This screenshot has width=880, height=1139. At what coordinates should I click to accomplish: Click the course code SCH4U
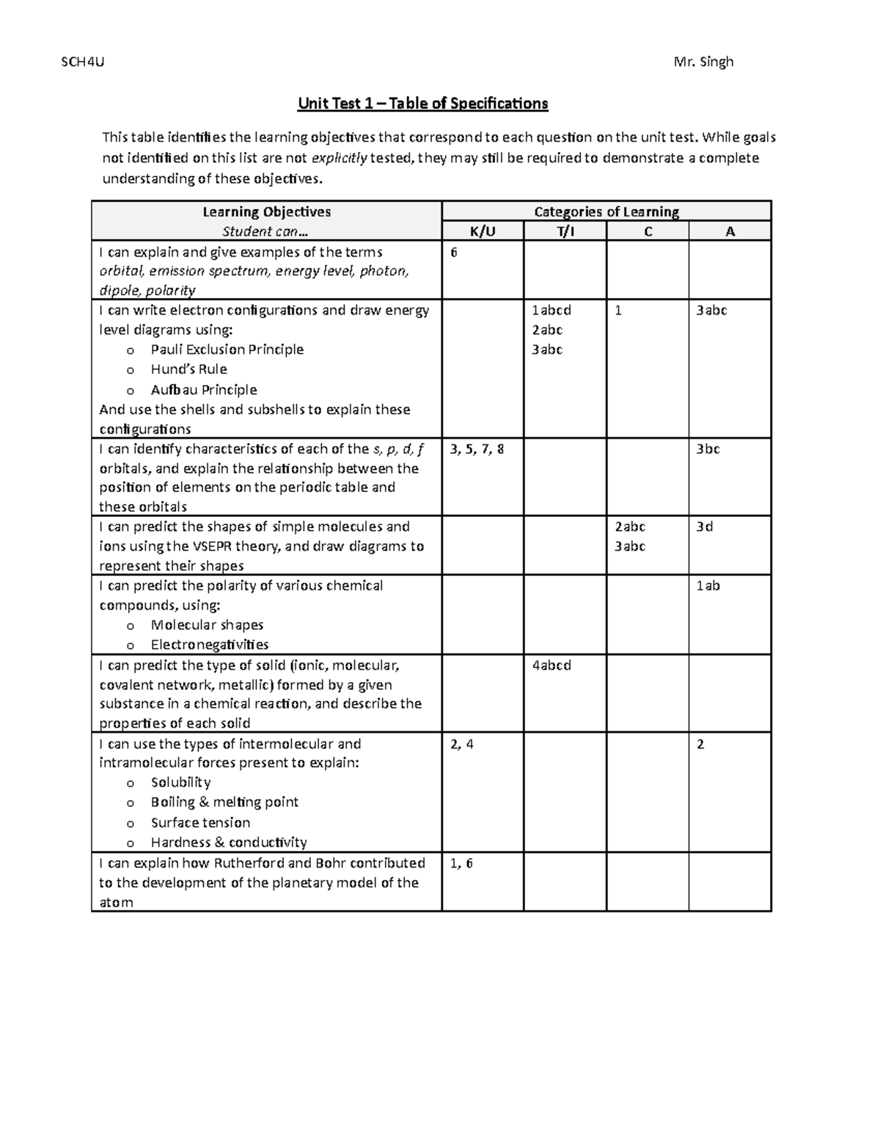point(82,62)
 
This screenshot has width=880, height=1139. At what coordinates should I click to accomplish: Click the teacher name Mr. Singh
point(703,62)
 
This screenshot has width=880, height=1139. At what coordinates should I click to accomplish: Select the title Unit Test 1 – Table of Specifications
point(422,103)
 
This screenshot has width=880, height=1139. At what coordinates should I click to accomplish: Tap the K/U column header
point(483,232)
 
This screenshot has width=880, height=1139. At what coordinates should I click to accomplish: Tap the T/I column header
point(565,232)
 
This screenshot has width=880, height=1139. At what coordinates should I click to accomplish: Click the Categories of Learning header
point(606,212)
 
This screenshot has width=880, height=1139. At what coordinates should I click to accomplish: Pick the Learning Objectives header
point(266,212)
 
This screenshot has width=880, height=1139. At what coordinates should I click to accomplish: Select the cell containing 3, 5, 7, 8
point(477,449)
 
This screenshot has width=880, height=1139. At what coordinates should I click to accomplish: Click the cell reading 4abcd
point(551,665)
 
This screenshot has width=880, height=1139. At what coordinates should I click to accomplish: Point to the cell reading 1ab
point(708,586)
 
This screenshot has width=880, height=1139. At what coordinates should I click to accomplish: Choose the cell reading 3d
point(704,527)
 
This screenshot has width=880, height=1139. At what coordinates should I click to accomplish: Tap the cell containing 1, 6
point(461,863)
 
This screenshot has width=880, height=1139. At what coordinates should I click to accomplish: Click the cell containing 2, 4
point(462,744)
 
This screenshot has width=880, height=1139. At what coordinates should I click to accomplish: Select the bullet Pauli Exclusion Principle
point(227,350)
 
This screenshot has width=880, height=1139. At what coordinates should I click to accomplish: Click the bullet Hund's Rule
point(188,370)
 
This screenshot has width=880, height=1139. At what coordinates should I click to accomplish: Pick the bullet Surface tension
point(200,823)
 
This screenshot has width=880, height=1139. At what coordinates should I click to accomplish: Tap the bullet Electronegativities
point(209,645)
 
